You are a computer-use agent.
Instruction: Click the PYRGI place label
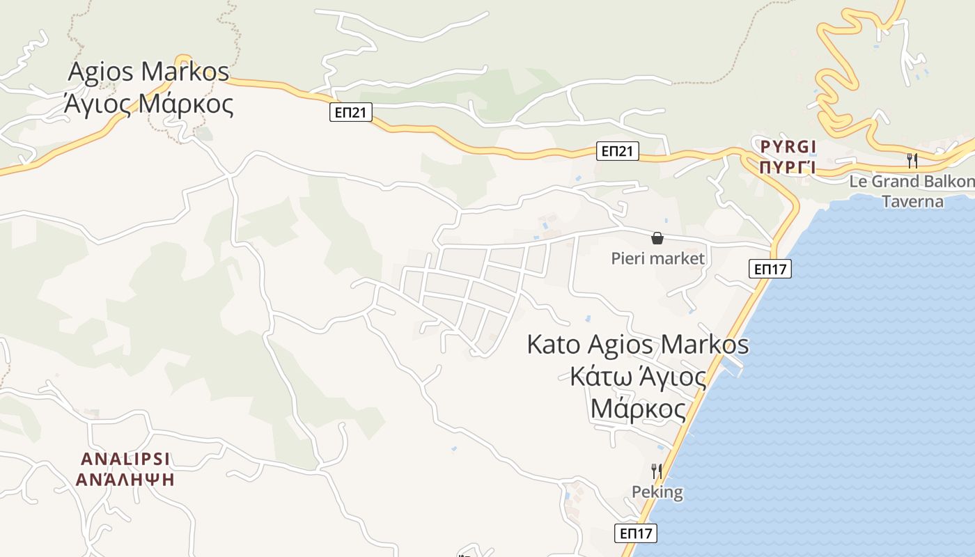[787, 147]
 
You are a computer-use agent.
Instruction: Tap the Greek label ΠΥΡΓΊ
[787, 167]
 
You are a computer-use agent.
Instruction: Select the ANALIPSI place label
[125, 460]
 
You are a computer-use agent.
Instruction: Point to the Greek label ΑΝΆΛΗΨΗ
[125, 480]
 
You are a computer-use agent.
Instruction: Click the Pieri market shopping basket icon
[657, 238]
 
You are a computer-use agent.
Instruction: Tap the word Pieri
[628, 259]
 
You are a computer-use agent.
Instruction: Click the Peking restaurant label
[657, 492]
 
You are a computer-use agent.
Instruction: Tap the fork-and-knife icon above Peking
[656, 471]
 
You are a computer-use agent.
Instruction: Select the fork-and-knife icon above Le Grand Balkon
[912, 161]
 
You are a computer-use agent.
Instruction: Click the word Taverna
[912, 202]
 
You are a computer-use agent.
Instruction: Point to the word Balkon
[952, 182]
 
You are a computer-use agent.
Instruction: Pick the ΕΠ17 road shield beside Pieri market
[770, 269]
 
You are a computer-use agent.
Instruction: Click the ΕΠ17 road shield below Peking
[636, 533]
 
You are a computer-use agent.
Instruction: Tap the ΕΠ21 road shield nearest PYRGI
[617, 151]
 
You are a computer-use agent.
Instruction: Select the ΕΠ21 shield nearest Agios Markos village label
[350, 112]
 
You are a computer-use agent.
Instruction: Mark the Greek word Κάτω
[598, 377]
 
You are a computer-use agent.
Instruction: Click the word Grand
[898, 182]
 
